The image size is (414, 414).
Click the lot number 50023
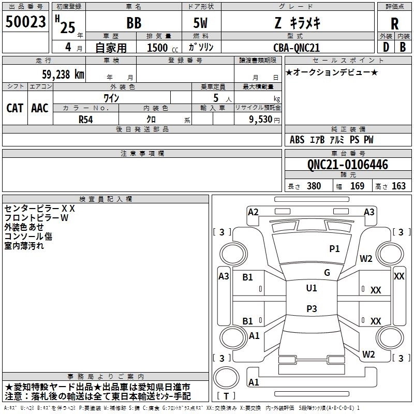point(25,21)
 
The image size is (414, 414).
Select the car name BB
point(134,23)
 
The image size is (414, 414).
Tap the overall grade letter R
point(394,23)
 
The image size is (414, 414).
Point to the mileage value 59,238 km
point(63,74)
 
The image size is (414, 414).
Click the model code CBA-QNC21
point(297,48)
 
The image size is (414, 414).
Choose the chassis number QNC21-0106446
point(348,165)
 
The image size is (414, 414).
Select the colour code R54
point(85,120)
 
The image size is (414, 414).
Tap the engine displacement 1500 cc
point(162,48)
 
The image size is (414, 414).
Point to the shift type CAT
point(15,108)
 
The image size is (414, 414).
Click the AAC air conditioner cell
point(40,108)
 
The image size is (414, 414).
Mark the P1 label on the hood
point(334,248)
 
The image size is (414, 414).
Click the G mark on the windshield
point(327,273)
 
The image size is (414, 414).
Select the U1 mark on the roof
point(312,288)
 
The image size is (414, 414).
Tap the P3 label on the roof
point(312,308)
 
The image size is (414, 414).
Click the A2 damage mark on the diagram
point(253,212)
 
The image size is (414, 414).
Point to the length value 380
point(314,186)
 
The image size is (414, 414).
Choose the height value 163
point(398,186)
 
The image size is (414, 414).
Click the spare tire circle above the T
point(226,378)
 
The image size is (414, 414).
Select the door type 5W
point(200,23)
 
